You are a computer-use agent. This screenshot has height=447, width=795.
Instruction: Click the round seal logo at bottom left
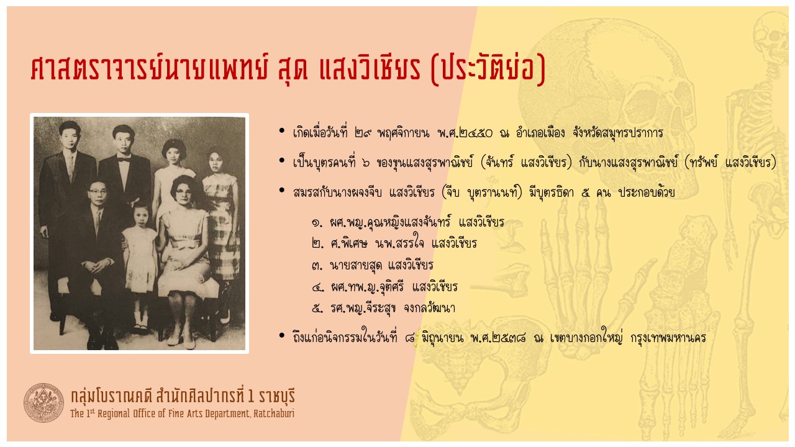point(43,403)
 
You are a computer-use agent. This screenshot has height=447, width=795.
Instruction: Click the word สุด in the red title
point(293,69)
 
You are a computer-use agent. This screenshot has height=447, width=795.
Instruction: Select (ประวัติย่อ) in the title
point(488,69)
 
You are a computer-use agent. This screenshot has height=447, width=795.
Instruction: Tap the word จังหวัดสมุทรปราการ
point(618,133)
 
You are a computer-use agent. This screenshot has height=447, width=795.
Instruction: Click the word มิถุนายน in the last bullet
point(442,337)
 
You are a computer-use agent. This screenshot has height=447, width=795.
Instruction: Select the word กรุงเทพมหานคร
point(668,338)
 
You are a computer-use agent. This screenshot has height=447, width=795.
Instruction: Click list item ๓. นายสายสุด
point(373,265)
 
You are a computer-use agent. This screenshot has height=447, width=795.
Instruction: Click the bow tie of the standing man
point(124,160)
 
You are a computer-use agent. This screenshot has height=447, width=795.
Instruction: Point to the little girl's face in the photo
point(141,215)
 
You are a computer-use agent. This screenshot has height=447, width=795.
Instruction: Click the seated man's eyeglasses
point(98,192)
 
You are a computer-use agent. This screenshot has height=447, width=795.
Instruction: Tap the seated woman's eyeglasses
point(183,193)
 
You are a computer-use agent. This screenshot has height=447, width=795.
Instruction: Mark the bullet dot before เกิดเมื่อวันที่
point(282,131)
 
